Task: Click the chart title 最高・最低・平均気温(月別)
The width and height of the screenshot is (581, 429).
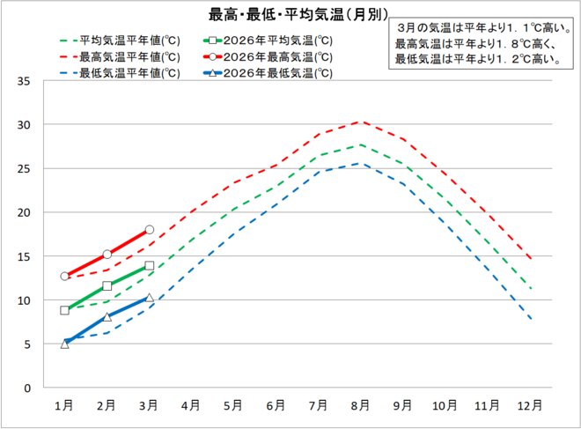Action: coord(290,15)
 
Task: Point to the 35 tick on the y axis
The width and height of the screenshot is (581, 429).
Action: coord(25,81)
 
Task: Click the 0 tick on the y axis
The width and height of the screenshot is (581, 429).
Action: coord(28,388)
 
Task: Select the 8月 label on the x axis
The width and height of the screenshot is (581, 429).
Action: coord(359,405)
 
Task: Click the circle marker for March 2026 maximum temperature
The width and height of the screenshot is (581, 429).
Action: coord(150,229)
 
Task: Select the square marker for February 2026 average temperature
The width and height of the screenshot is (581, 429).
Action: coord(107,286)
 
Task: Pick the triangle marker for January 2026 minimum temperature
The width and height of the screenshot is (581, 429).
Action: coord(64,344)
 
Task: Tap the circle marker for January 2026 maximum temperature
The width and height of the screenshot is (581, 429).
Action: coord(64,276)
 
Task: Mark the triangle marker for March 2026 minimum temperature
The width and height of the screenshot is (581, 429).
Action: coord(150,298)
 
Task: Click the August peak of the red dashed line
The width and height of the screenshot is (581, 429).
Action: coord(359,122)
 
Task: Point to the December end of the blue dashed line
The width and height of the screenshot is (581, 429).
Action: coord(531,319)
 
